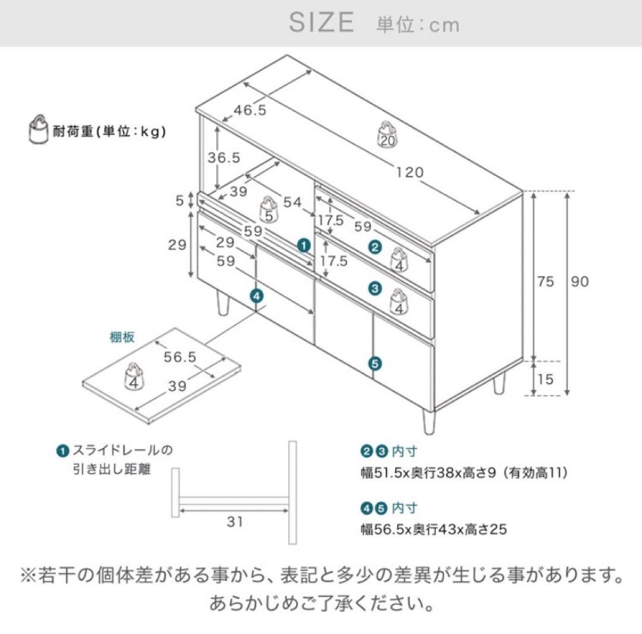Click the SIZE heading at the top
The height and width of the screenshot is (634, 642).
pyautogui.click(x=321, y=23)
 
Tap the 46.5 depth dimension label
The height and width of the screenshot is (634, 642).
pyautogui.click(x=249, y=110)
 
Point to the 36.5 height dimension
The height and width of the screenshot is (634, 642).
pyautogui.click(x=224, y=157)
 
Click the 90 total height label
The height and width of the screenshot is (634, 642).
pyautogui.click(x=580, y=281)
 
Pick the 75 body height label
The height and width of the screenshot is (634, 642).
pyautogui.click(x=546, y=281)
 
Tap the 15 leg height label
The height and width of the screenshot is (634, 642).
pyautogui.click(x=546, y=378)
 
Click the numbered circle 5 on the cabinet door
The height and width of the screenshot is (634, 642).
pyautogui.click(x=374, y=362)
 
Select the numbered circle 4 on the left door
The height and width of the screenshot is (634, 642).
pyautogui.click(x=256, y=294)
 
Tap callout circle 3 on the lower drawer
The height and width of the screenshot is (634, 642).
pyautogui.click(x=374, y=288)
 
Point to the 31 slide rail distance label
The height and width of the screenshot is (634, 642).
pyautogui.click(x=235, y=522)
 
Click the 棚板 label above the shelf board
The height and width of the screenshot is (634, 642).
pyautogui.click(x=122, y=337)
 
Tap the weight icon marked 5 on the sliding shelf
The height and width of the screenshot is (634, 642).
pyautogui.click(x=269, y=210)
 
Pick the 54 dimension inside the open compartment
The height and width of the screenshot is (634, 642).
pyautogui.click(x=292, y=202)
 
